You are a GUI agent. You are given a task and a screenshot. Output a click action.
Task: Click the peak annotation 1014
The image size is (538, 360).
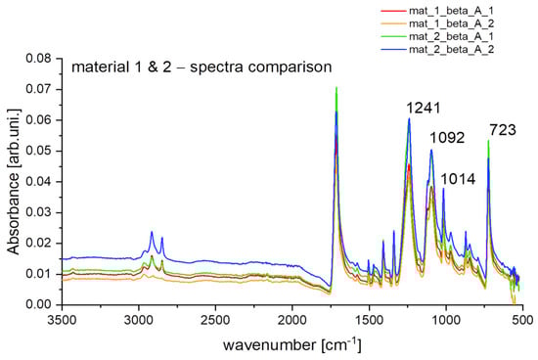(460, 178)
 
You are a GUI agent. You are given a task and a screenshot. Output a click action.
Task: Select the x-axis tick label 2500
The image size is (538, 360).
(215, 319)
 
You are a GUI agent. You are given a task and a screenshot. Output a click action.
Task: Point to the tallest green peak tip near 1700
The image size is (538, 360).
(336, 88)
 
